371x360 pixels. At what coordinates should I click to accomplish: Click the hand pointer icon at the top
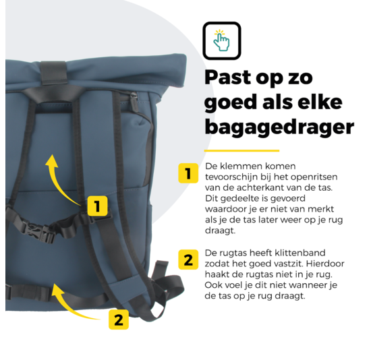pyautogui.click(x=221, y=40)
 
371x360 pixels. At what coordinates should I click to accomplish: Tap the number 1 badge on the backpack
pyautogui.click(x=98, y=206)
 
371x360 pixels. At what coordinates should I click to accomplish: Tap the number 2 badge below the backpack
pyautogui.click(x=118, y=319)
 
